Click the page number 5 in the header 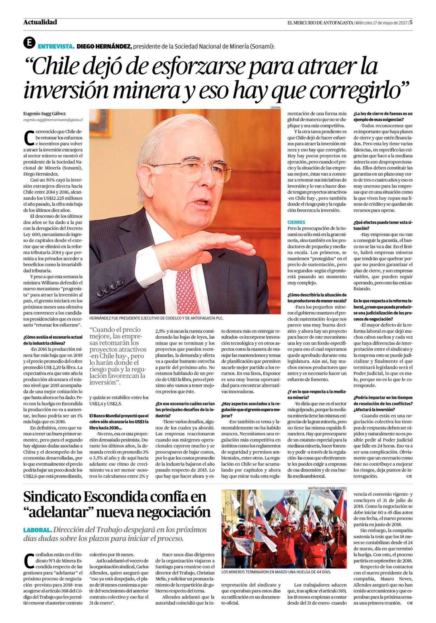[411, 22]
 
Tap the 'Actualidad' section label [40, 22]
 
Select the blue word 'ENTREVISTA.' [56, 46]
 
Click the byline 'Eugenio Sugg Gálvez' [44, 114]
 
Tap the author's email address [53, 120]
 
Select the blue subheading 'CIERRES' [296, 222]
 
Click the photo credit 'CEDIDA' [275, 107]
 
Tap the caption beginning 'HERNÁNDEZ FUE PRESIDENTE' [156, 318]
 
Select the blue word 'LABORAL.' [37, 530]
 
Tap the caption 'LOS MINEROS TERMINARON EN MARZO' [276, 572]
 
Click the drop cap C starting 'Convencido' [29, 138]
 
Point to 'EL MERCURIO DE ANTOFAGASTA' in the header [320, 23]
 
